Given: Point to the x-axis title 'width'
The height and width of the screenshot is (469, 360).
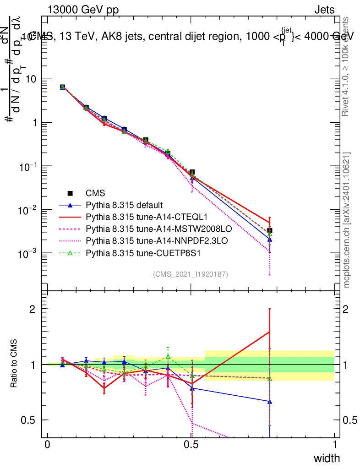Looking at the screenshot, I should [x=327, y=458].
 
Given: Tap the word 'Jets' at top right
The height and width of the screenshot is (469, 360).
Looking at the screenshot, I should [x=324, y=10].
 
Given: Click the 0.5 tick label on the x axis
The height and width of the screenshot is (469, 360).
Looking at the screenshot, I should [x=191, y=445].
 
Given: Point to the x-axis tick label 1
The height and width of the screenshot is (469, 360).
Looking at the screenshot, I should [x=335, y=445].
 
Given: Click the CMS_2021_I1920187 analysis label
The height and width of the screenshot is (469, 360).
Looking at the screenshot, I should [x=191, y=274].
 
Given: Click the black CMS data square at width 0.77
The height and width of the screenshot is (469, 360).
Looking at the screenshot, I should [x=270, y=230].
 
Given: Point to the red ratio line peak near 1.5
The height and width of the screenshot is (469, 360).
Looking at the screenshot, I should [x=270, y=332].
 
